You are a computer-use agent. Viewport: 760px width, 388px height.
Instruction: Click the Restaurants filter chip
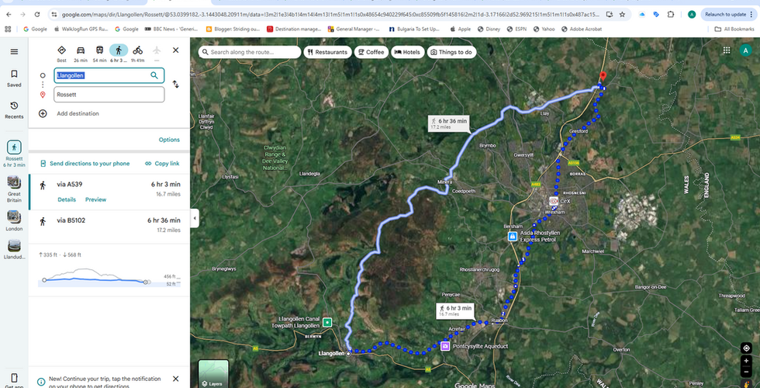tap(326, 52)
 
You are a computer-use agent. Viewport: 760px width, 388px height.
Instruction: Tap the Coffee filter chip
tap(371, 52)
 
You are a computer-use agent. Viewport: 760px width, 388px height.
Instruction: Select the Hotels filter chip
tap(407, 52)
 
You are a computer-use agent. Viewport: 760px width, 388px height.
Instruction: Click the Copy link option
tap(162, 164)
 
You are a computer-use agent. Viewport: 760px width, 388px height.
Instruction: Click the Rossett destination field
tap(109, 95)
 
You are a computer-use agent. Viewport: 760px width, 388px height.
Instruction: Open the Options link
tap(169, 140)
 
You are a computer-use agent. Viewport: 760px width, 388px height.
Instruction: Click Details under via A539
tap(67, 199)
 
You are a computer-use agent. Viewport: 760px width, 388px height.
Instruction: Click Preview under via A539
tap(95, 199)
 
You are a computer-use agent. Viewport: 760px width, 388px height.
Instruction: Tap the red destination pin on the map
tap(601, 77)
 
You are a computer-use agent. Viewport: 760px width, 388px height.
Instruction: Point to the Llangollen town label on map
tap(331, 353)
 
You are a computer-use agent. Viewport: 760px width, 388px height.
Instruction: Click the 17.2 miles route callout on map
tap(449, 123)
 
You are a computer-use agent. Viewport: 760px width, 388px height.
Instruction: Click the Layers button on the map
tap(213, 373)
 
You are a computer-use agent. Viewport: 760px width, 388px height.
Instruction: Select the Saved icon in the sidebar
tap(14, 78)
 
